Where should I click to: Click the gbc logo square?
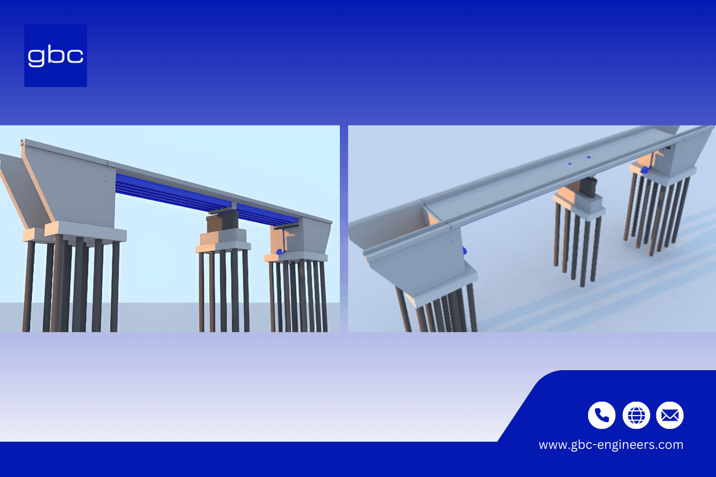click(55, 55)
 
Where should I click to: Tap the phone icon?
click(601, 415)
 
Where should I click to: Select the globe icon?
click(636, 415)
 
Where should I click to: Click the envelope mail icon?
click(670, 415)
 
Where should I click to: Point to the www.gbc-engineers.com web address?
click(611, 445)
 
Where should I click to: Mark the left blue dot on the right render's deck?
click(569, 163)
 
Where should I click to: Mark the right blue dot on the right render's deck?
click(588, 157)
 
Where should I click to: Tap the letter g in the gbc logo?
click(37, 57)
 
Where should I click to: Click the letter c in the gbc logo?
click(75, 56)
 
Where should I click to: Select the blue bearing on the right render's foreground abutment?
click(464, 250)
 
